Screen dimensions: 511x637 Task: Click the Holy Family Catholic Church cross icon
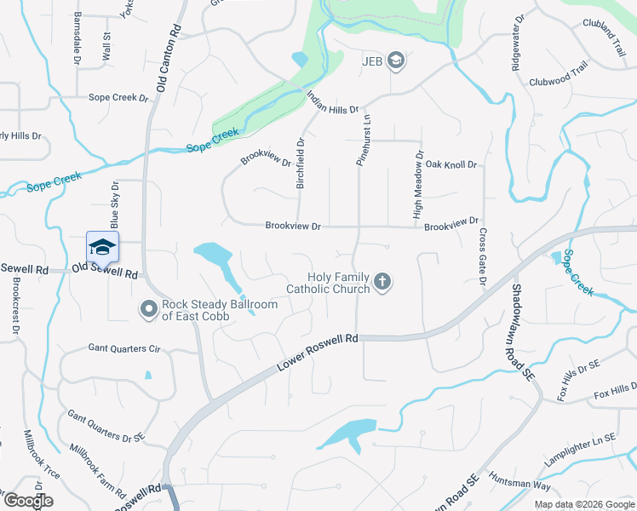click(383, 282)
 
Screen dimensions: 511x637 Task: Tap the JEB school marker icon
click(395, 60)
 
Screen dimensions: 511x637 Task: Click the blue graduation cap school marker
click(102, 247)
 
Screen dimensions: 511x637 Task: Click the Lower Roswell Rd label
click(316, 353)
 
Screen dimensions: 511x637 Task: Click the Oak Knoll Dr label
click(451, 164)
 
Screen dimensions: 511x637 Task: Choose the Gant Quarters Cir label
click(124, 348)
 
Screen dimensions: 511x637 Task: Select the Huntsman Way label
click(519, 485)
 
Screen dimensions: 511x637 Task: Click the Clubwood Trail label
click(558, 79)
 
